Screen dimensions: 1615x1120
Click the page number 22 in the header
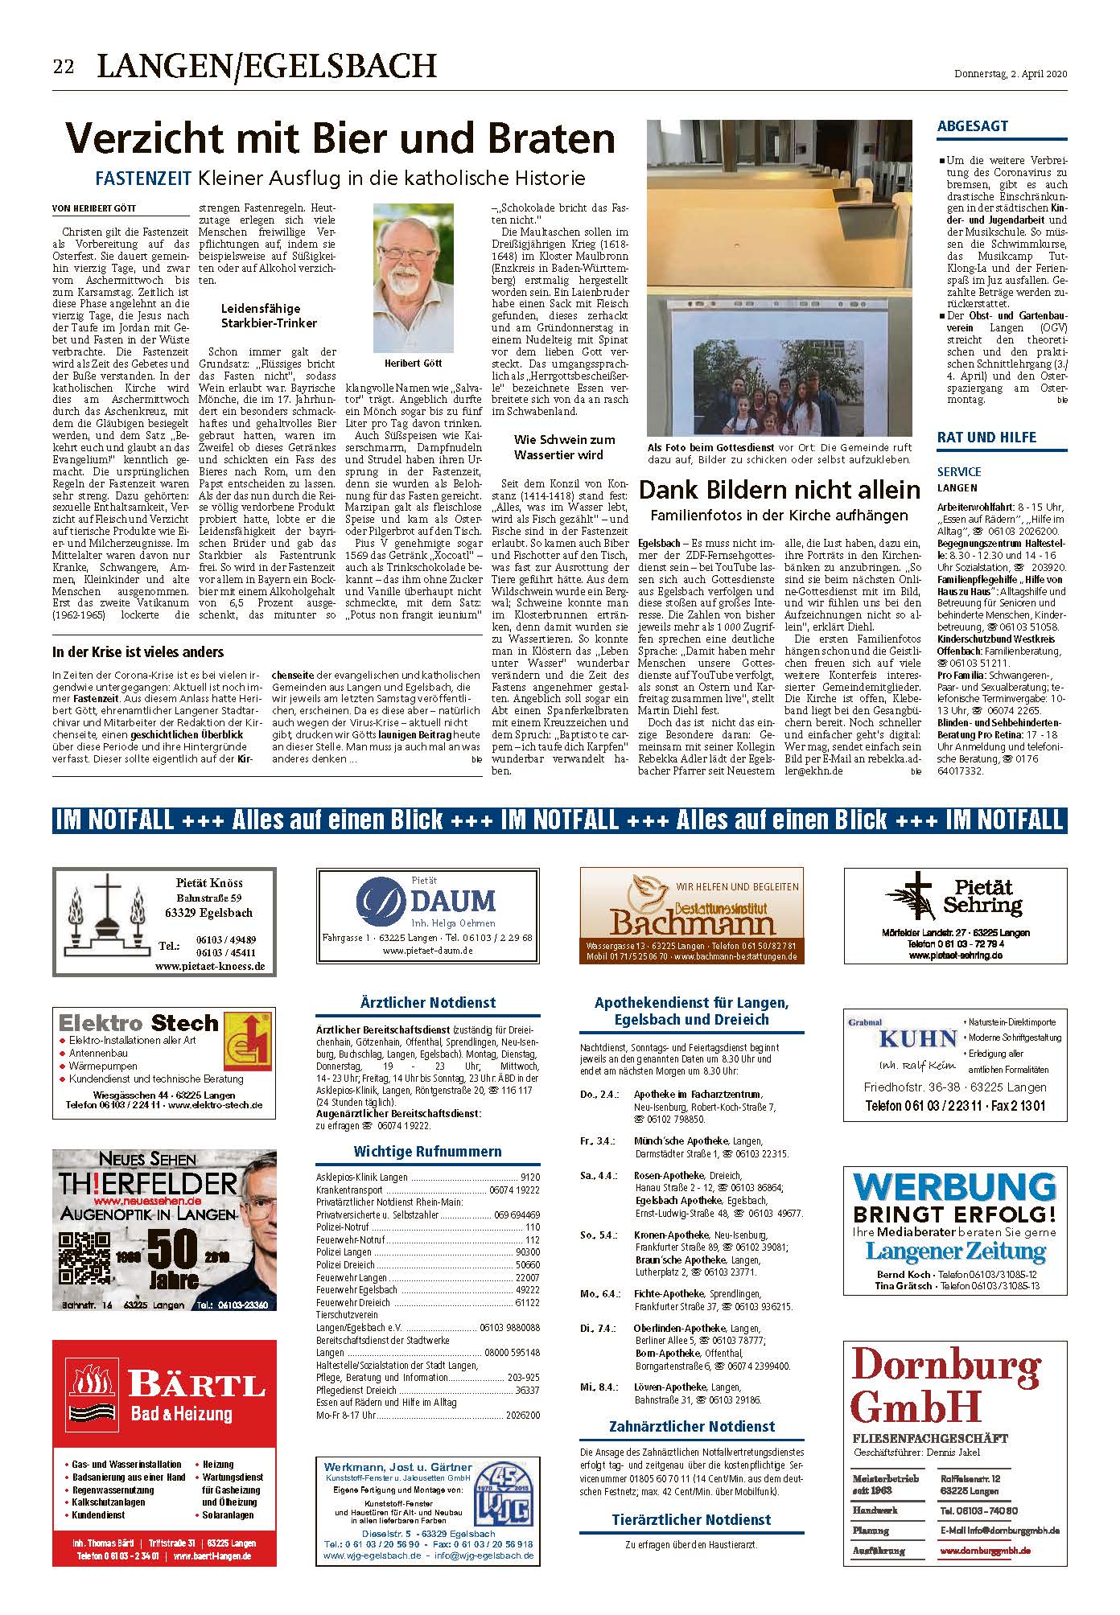[x=64, y=67]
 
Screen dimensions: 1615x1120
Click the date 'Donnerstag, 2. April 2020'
[x=1010, y=74]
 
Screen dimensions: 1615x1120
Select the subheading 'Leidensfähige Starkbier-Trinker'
[x=269, y=315]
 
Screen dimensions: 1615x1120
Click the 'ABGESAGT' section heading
[x=972, y=126]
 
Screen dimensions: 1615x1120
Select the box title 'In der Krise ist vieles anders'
[x=138, y=651]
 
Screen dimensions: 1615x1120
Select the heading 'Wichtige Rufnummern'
[x=427, y=1151]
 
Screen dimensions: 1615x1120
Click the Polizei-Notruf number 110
[x=532, y=1228]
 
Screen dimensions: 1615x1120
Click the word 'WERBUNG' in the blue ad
[x=954, y=1187]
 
